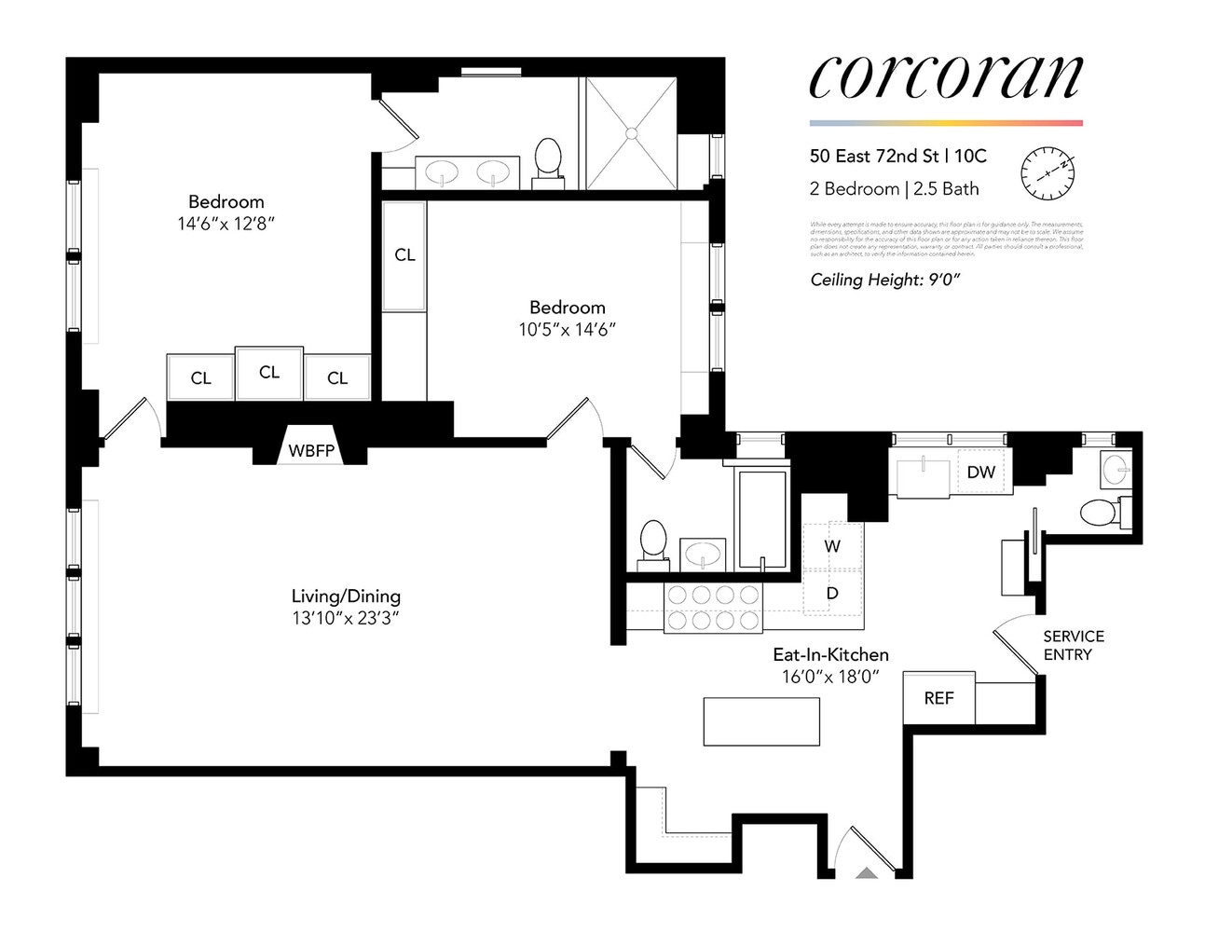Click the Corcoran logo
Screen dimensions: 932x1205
pyautogui.click(x=945, y=77)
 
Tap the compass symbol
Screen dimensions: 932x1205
pyautogui.click(x=1048, y=173)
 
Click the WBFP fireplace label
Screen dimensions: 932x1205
pyautogui.click(x=311, y=451)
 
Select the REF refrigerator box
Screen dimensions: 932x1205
pyautogui.click(x=938, y=698)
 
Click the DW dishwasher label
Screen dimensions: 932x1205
pyautogui.click(x=980, y=473)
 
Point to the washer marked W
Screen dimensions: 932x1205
pyautogui.click(x=832, y=546)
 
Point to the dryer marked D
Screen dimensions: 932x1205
pyautogui.click(x=832, y=593)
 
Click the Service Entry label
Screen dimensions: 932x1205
pyautogui.click(x=1073, y=645)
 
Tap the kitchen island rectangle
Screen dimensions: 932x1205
pyautogui.click(x=761, y=721)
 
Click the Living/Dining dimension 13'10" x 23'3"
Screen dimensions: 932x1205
pyautogui.click(x=346, y=618)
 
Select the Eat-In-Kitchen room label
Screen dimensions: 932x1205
pyautogui.click(x=830, y=654)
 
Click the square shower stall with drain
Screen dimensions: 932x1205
pyautogui.click(x=631, y=133)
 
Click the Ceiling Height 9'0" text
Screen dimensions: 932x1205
pyautogui.click(x=884, y=280)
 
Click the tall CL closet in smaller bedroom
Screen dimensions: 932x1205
pyautogui.click(x=404, y=255)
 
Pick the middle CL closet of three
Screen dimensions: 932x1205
pyautogui.click(x=269, y=373)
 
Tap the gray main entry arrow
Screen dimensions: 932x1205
pyautogui.click(x=867, y=873)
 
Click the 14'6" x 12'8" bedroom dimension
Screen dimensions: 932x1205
pyautogui.click(x=226, y=224)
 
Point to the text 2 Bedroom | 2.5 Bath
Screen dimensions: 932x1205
pyautogui.click(x=894, y=189)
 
